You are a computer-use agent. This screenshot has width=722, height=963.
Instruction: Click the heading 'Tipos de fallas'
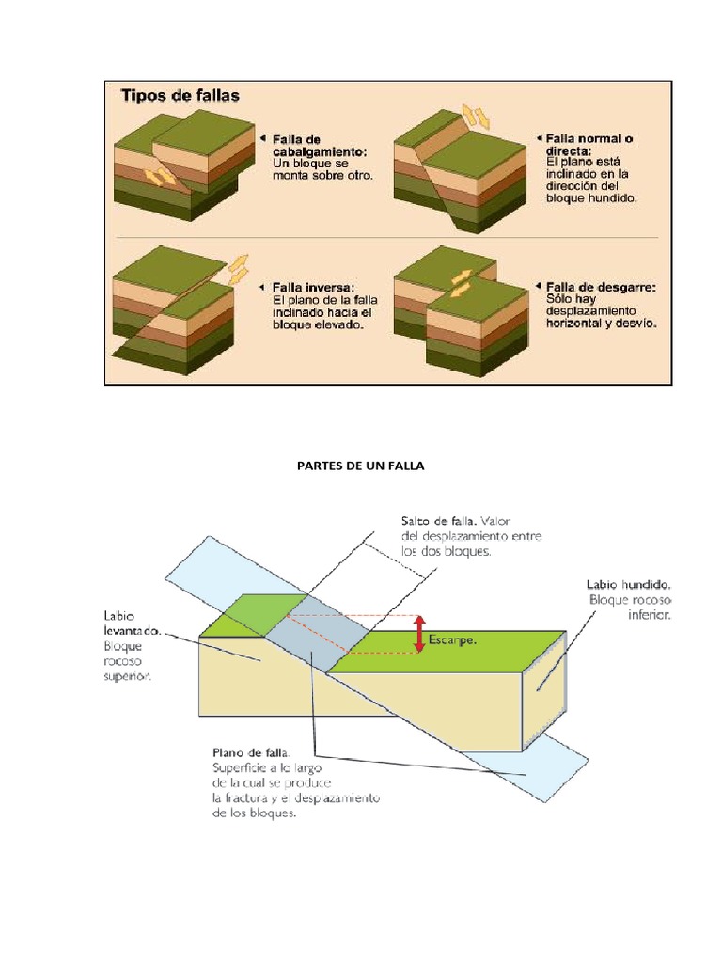coord(180,96)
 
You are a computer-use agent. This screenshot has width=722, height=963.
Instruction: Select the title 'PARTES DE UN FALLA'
coord(360,466)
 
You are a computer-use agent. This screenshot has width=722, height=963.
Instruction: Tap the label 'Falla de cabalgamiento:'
coord(320,146)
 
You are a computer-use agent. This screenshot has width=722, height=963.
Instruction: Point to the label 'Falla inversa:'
coord(313,288)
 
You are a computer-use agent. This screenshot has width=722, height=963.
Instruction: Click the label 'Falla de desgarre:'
coord(601,288)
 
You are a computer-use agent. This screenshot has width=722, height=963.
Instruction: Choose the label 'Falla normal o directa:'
coord(589,144)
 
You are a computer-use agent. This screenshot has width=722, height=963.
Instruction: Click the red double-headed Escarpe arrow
coord(419,634)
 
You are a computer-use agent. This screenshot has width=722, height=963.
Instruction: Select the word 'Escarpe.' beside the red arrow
coord(452,639)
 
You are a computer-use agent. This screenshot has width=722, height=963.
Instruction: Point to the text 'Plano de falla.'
coord(252,752)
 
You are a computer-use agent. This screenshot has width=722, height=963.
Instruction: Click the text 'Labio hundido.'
coord(628,585)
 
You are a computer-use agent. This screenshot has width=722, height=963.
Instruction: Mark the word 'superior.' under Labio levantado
coord(128,676)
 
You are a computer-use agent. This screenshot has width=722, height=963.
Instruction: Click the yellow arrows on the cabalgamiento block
coord(159,177)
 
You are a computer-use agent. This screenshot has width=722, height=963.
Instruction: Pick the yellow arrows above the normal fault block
coord(476,117)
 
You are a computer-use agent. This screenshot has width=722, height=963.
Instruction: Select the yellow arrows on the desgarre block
coord(461,283)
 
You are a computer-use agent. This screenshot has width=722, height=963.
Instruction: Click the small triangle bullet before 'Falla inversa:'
coord(261,287)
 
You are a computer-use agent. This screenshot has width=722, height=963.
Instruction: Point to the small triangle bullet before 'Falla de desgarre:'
coord(539,286)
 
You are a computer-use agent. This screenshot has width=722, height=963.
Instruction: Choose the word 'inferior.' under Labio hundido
coord(649,614)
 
